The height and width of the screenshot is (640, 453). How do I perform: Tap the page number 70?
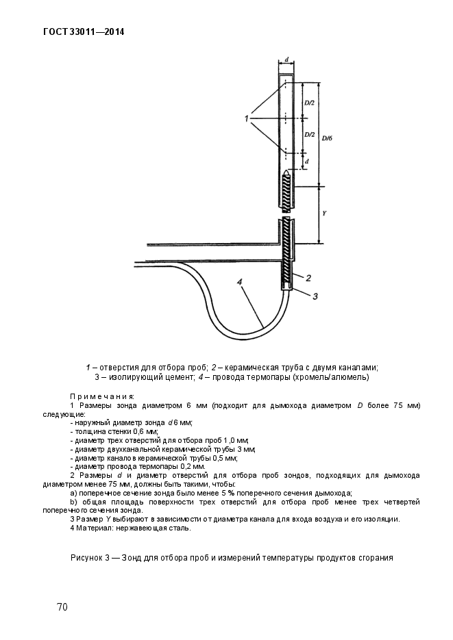[x=62, y=607]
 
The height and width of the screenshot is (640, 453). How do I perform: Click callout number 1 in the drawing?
[x=245, y=119]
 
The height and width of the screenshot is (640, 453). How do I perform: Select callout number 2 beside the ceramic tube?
[x=308, y=277]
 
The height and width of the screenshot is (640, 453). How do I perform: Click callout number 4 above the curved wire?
[x=240, y=281]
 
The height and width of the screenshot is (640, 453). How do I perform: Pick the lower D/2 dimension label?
[x=308, y=135]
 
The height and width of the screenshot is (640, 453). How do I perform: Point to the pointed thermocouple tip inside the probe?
[x=286, y=168]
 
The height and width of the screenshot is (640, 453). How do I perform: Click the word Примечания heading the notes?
[x=102, y=396]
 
